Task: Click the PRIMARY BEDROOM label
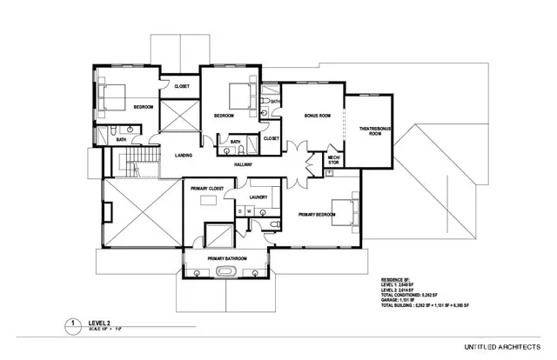coord(315,214)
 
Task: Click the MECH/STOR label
coord(332,159)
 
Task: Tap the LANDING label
coord(183,156)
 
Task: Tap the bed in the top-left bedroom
coord(111,95)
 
